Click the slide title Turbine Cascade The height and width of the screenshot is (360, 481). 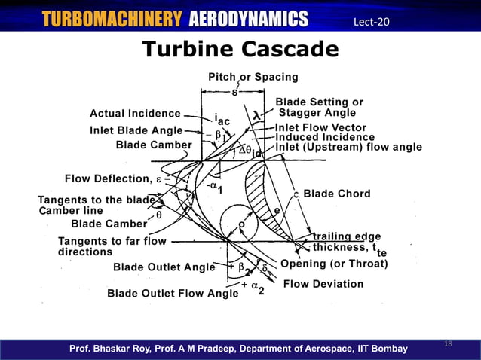point(240,50)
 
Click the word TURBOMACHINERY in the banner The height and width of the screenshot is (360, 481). point(112,19)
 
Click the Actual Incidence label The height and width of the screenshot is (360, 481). point(135,114)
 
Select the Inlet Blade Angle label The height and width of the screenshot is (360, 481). point(136,130)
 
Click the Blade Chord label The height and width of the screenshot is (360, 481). point(336,194)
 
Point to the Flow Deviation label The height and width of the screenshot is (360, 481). point(323,284)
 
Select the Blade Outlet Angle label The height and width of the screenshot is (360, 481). point(164,267)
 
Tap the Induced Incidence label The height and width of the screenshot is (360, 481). point(324,137)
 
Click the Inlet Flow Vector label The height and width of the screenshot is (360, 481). point(320,127)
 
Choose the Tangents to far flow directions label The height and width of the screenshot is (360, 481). point(102,246)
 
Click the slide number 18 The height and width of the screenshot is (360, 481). point(448,343)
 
